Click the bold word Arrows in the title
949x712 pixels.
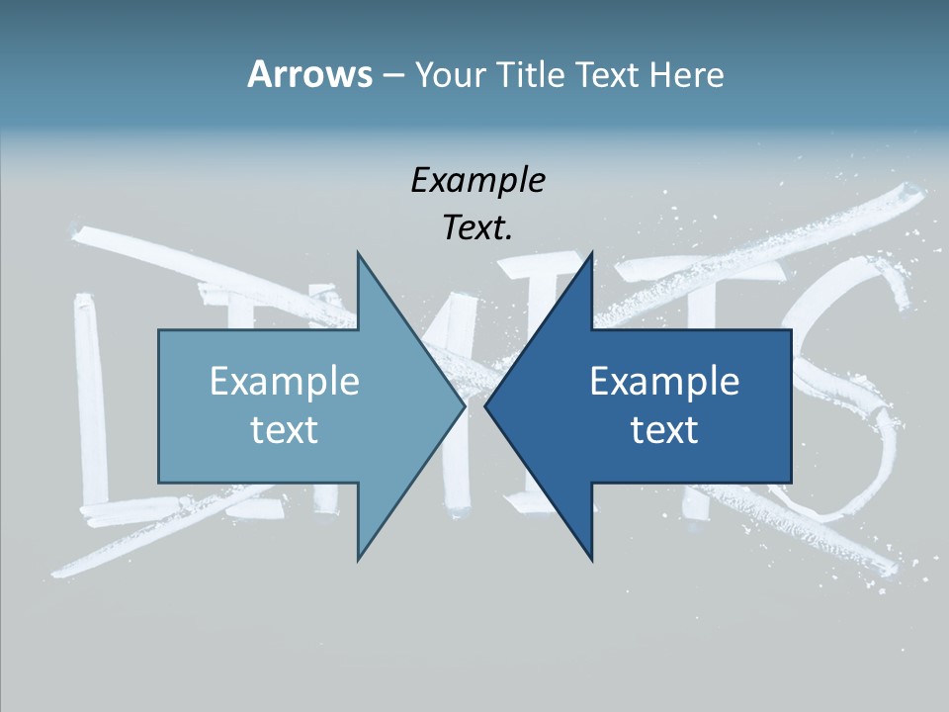pos(309,74)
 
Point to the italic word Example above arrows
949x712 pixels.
pos(477,180)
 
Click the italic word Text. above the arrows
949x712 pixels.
pos(477,228)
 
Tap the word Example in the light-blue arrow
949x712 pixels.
pos(285,381)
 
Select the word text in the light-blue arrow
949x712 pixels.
pos(285,429)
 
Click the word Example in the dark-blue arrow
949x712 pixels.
pos(664,381)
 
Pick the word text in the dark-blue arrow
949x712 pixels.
pos(664,429)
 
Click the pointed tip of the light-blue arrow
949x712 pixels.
pos(463,406)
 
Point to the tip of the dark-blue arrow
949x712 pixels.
pos(486,406)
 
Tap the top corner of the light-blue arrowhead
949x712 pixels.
pos(358,254)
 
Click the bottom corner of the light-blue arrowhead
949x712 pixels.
pos(358,559)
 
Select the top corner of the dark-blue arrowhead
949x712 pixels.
pos(591,254)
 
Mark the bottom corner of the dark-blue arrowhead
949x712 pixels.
pos(591,559)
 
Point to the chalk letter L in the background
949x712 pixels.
pos(94,415)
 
